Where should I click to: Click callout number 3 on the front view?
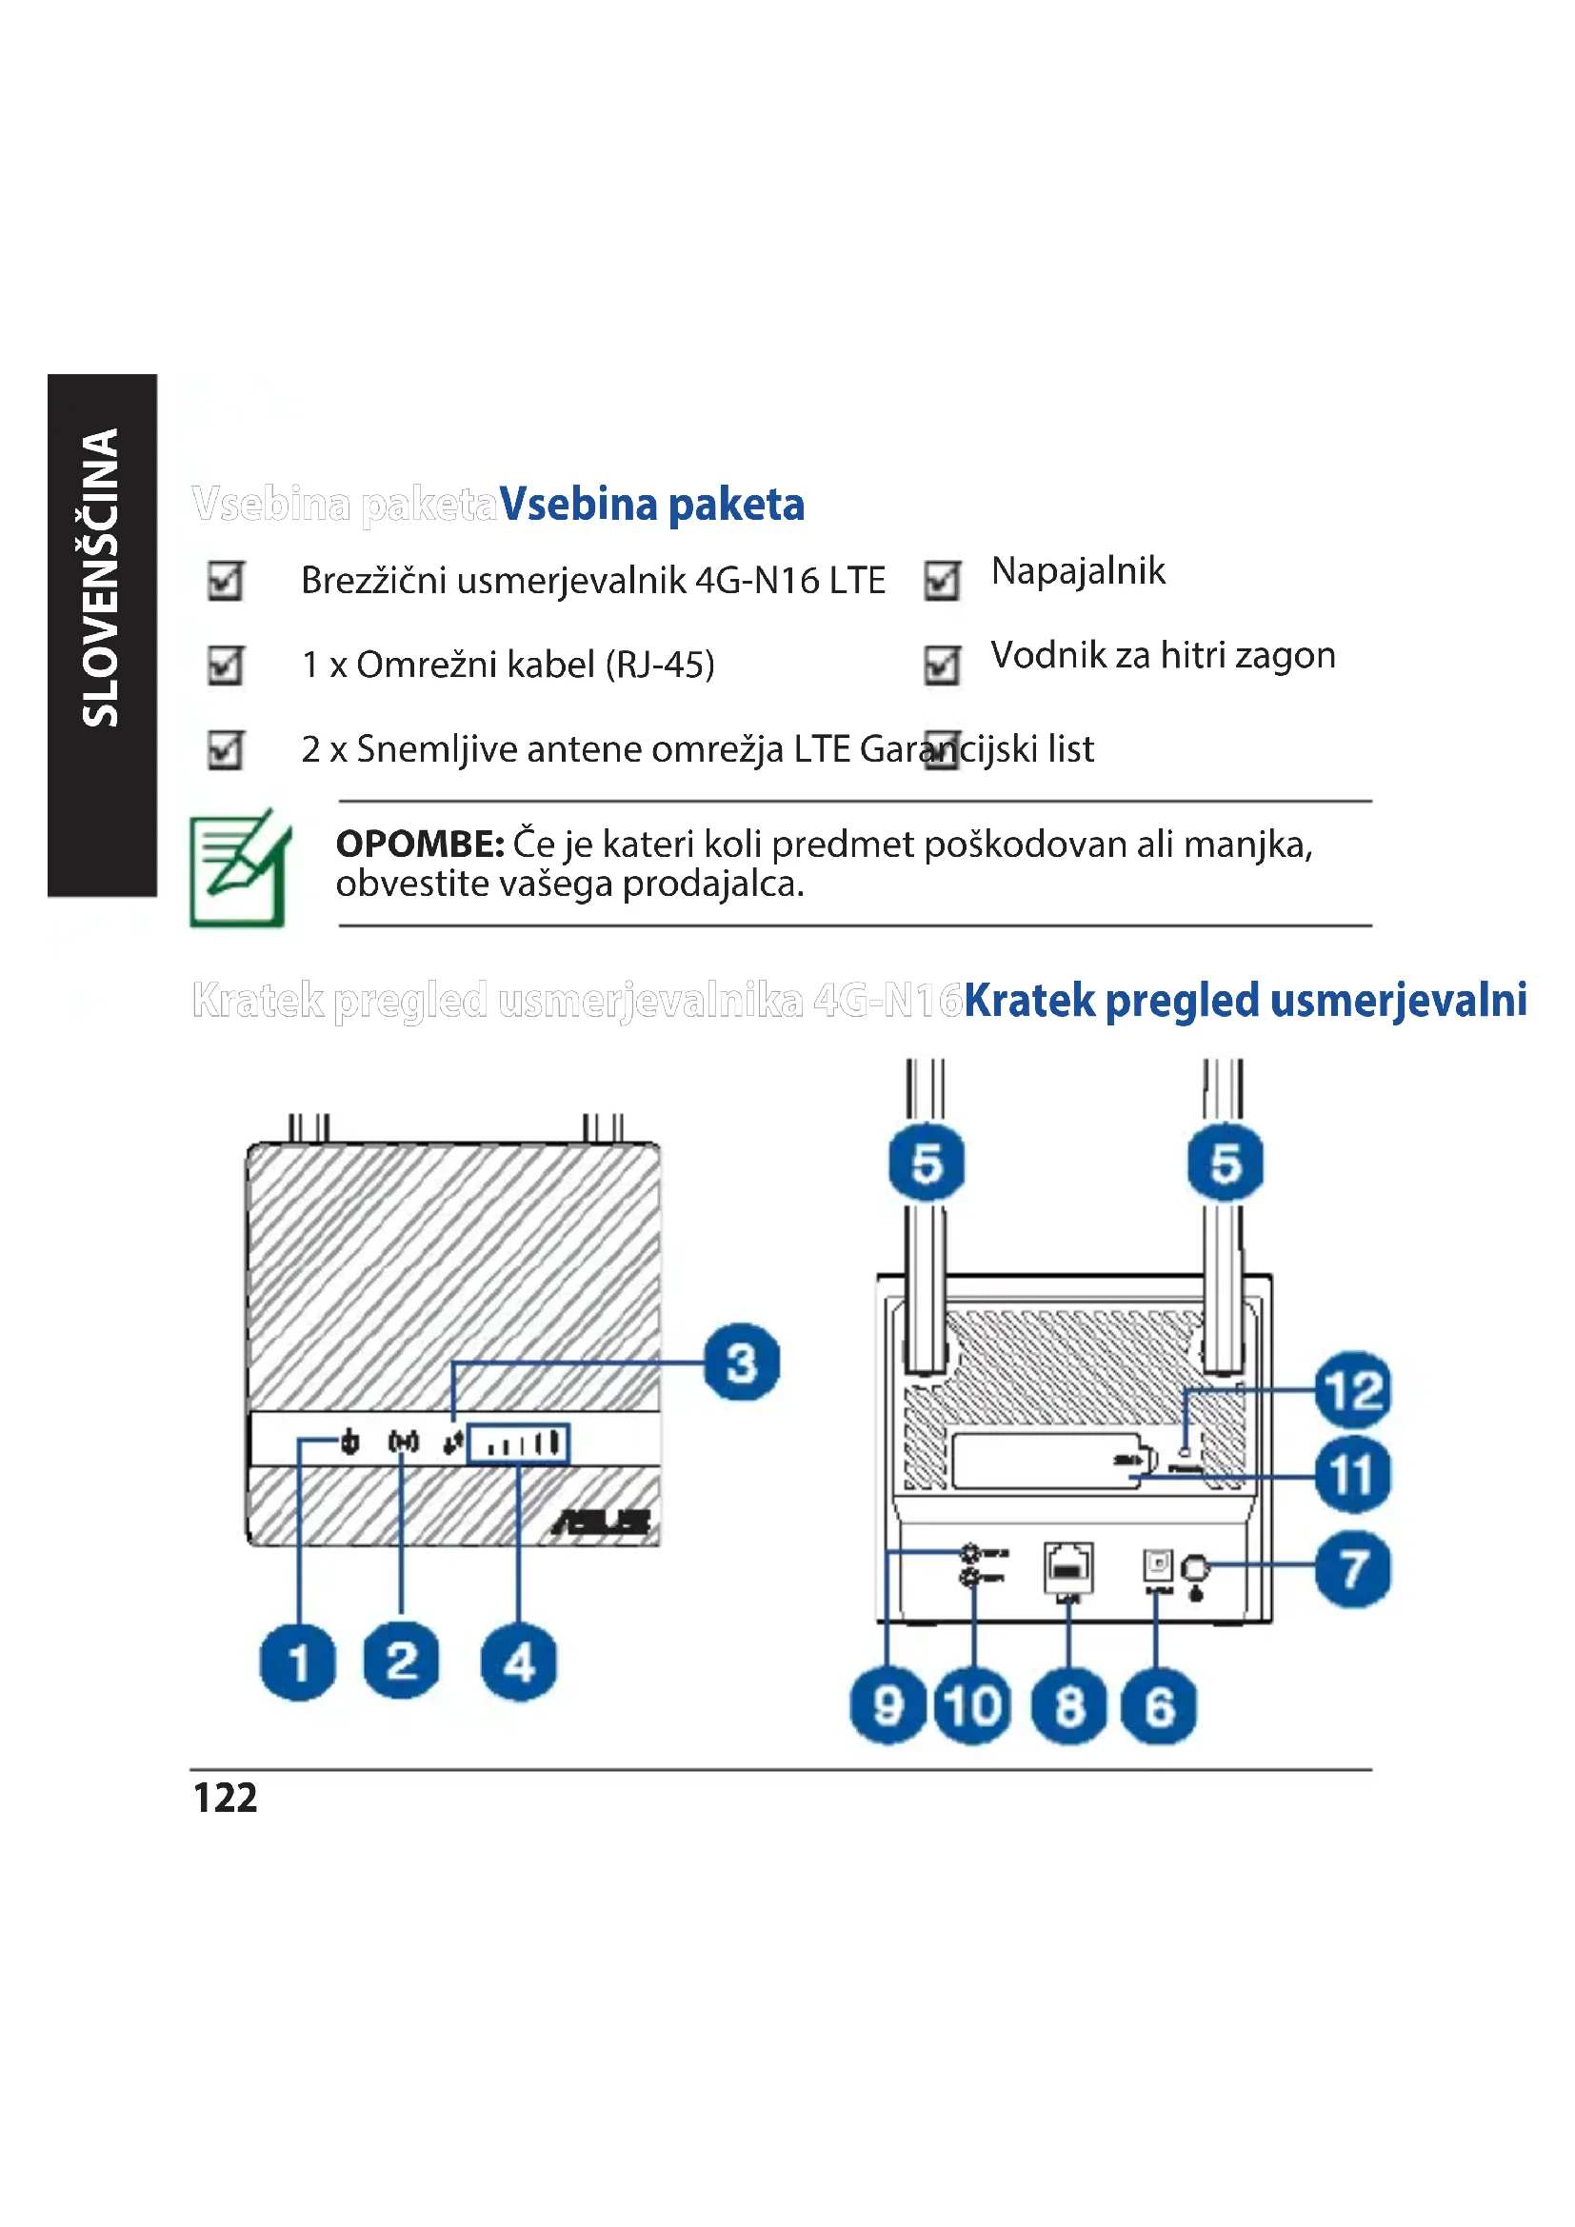click(x=742, y=1362)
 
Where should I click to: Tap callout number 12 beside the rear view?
click(x=1353, y=1390)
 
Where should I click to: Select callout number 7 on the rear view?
click(x=1353, y=1568)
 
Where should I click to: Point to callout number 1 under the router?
click(x=298, y=1661)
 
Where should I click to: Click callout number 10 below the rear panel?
click(x=973, y=1706)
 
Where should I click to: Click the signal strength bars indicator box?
click(x=518, y=1444)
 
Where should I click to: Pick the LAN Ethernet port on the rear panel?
click(x=1067, y=1566)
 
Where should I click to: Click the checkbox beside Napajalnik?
click(x=942, y=581)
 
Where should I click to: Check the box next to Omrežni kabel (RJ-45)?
click(x=225, y=666)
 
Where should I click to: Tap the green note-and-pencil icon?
click(x=241, y=867)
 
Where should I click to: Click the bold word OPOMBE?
click(x=419, y=844)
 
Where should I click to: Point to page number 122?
click(x=225, y=1798)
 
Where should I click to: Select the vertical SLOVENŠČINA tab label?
click(x=101, y=578)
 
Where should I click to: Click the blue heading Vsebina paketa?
click(x=651, y=505)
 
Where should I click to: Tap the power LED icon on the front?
click(x=350, y=1443)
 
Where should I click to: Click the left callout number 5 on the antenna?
click(x=927, y=1162)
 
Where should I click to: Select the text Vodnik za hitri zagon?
click(x=1163, y=655)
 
